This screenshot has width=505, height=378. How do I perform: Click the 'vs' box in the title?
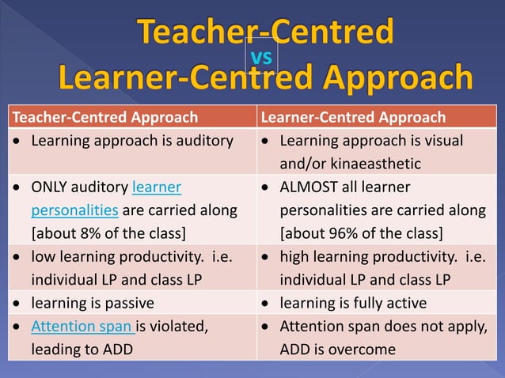(261, 57)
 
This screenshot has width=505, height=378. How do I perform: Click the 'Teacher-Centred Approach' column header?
(104, 118)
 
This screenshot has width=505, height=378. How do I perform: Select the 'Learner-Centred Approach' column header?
(353, 118)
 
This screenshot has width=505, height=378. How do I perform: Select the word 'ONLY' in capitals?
(48, 188)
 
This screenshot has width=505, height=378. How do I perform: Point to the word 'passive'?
(131, 303)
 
